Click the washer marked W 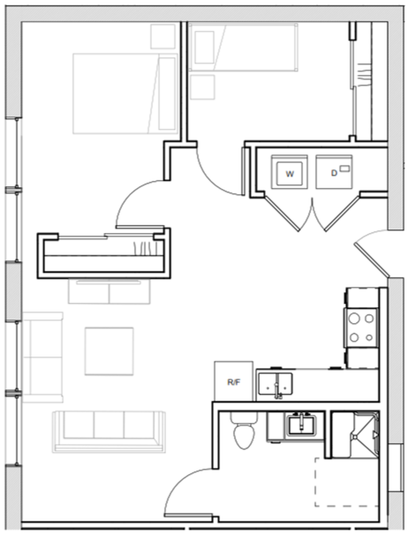tap(289, 174)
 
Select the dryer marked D tap(334, 174)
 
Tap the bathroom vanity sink tap(299, 425)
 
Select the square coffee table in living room tap(109, 350)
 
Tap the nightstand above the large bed tap(163, 36)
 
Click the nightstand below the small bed tap(202, 87)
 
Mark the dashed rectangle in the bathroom tap(345, 481)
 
